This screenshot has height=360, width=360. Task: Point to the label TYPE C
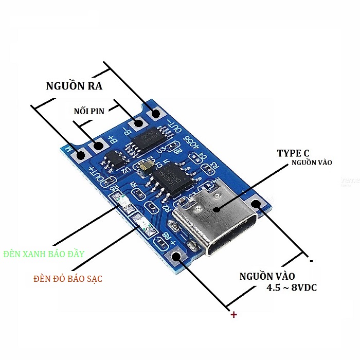point(293,153)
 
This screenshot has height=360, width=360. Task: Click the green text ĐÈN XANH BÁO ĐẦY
point(43,254)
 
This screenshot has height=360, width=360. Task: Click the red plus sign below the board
point(233,314)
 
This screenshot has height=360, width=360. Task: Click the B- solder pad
point(137,124)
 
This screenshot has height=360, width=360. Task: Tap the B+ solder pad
point(96,147)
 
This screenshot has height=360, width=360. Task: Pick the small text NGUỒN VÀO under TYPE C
point(312,163)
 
